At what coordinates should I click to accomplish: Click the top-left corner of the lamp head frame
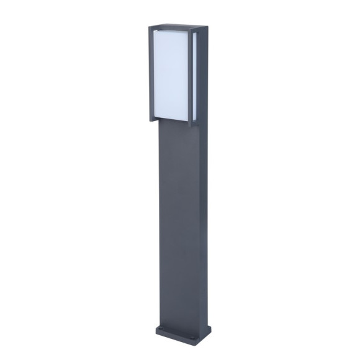pyautogui.click(x=150, y=27)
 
